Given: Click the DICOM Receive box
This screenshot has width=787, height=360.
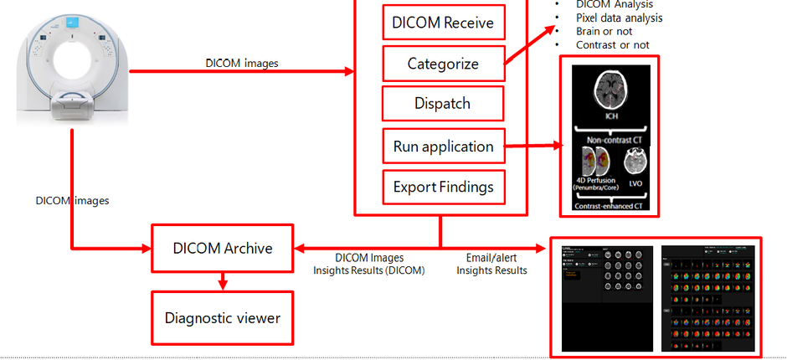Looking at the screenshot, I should click(444, 22).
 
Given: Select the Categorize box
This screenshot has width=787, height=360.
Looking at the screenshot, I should click(443, 64).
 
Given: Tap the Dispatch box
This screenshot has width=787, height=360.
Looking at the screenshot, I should click(442, 104).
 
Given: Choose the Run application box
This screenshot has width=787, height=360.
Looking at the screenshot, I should click(443, 147).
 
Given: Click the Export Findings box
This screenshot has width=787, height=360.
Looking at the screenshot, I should click(443, 187).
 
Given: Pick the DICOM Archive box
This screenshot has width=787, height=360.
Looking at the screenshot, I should click(222, 248).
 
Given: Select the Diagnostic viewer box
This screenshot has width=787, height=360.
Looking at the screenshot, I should click(222, 317).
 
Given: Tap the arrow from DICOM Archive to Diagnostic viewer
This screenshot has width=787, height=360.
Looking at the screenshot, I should click(222, 281).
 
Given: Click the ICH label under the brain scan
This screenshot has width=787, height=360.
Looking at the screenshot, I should click(611, 116).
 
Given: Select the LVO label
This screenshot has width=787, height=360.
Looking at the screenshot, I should click(635, 182).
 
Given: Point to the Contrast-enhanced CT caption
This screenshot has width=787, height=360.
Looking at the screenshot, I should click(611, 206).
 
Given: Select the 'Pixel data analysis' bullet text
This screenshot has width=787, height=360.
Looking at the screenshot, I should click(619, 18).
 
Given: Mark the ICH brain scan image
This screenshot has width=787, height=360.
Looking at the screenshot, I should click(611, 90).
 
